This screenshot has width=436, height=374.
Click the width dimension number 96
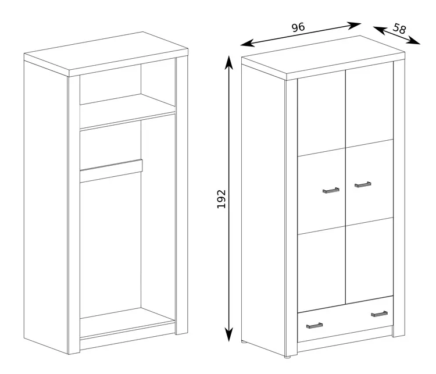[x=298, y=27]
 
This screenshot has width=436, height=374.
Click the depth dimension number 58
[x=399, y=29]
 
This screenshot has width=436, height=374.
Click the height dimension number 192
[x=221, y=199]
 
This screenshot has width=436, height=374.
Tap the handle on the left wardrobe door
[x=331, y=190]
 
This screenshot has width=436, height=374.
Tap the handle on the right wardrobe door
[x=363, y=184]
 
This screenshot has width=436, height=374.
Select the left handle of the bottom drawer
[x=315, y=326]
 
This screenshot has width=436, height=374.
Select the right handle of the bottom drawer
[x=379, y=314]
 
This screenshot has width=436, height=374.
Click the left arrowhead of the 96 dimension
[x=248, y=43]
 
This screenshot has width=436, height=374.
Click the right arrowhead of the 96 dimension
[x=354, y=26]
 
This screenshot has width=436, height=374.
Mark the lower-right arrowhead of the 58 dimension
[x=414, y=41]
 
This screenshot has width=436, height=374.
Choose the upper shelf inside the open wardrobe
[x=127, y=111]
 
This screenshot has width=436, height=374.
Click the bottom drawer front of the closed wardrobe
[x=345, y=319]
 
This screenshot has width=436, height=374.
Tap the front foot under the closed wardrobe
[x=288, y=357]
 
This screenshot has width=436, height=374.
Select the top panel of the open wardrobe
[x=106, y=54]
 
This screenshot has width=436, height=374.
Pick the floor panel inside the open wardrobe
[x=127, y=323]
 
